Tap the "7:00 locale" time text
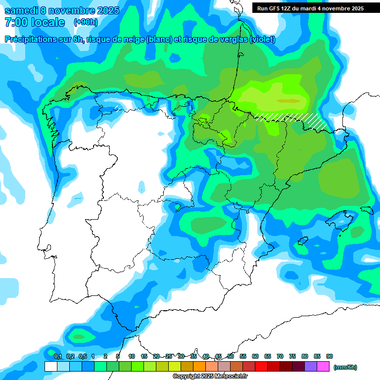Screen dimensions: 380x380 pyautogui.click(x=35, y=22)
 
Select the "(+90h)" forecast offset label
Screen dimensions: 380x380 pyautogui.click(x=86, y=22)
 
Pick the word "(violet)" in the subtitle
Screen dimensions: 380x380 pyautogui.click(x=263, y=40)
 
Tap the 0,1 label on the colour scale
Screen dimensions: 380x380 pyautogui.click(x=58, y=356)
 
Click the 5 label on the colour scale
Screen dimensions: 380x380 pyautogui.click(x=118, y=356)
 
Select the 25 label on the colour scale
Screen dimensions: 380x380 pyautogui.click(x=169, y=356)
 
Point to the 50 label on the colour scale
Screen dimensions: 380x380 pyautogui.click(x=231, y=356)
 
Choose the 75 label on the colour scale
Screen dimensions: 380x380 pyautogui.click(x=292, y=356)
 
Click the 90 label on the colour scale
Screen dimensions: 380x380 pyautogui.click(x=330, y=356)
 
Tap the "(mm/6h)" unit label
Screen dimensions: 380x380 pyautogui.click(x=345, y=367)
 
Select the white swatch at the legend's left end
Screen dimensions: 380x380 pyautogui.click(x=50, y=367)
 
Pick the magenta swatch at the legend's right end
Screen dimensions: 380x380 pyautogui.click(x=323, y=367)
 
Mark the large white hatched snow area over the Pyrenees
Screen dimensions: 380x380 pyautogui.click(x=292, y=119)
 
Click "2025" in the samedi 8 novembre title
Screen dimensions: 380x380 pyautogui.click(x=104, y=10)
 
